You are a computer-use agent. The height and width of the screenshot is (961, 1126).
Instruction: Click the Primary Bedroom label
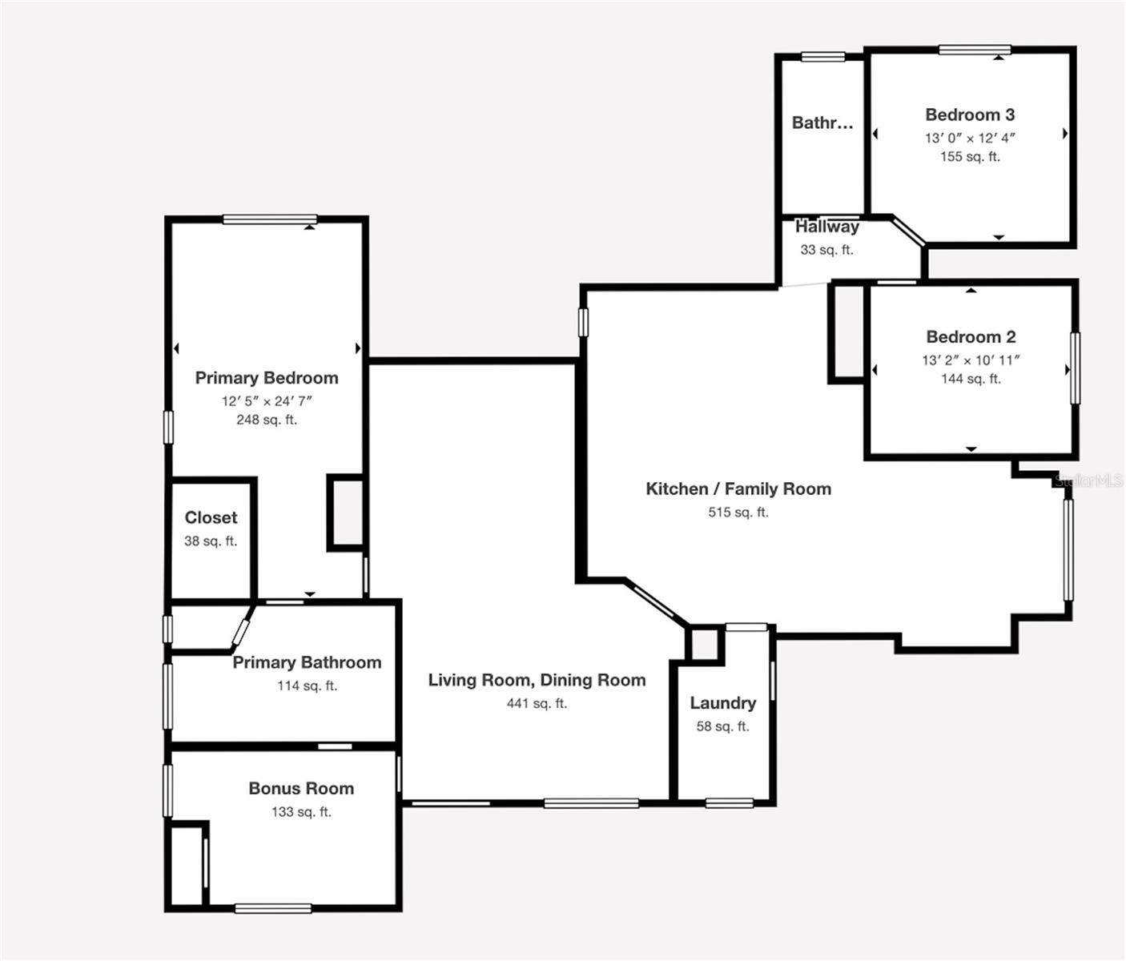[267, 378]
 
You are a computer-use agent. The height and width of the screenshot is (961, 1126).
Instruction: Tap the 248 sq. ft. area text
[267, 420]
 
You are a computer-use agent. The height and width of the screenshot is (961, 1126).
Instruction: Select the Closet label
[211, 518]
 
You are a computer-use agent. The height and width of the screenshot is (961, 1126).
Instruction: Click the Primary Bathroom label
[307, 663]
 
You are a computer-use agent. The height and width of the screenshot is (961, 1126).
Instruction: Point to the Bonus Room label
[301, 789]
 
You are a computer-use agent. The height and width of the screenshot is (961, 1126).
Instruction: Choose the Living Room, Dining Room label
[537, 681]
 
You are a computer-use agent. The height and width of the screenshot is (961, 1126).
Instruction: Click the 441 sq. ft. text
[537, 704]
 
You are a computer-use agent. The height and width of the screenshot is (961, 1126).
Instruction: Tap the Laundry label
[723, 703]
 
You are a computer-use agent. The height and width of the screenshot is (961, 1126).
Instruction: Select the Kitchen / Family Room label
[738, 489]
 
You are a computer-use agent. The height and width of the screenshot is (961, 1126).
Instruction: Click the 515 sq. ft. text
[738, 513]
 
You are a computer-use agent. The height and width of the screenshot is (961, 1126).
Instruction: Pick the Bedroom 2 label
[971, 337]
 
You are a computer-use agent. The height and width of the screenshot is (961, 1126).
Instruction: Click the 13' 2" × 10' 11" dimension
[971, 360]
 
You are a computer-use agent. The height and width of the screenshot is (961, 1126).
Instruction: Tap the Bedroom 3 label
[970, 115]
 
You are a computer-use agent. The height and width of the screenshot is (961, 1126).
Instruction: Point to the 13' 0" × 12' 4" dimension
[970, 138]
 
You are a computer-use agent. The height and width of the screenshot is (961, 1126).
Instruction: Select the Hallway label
[826, 227]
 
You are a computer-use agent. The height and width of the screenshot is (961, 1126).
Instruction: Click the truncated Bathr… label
[822, 123]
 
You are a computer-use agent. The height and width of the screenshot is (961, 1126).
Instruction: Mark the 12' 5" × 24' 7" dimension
[267, 401]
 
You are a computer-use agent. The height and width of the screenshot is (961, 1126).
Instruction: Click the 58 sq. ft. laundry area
[723, 726]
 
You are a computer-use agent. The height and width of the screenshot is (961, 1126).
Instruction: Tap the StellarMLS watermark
[1089, 481]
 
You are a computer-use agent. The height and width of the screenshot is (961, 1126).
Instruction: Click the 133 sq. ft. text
[301, 812]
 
